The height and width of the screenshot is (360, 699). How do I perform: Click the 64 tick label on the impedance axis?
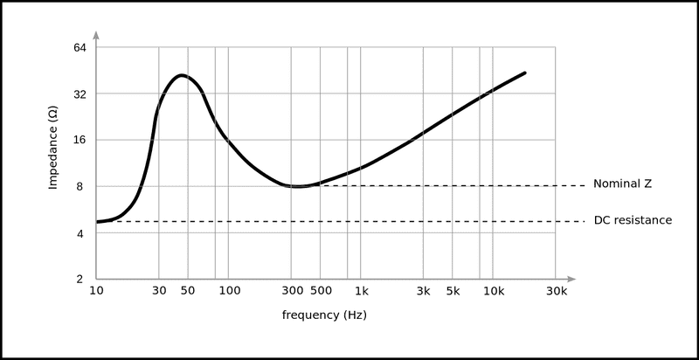79,47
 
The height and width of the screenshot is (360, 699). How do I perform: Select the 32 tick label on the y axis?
79,93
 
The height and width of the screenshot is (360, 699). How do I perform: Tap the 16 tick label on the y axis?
79,140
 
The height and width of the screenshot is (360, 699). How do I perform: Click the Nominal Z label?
623,184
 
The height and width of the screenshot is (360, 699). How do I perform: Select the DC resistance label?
633,220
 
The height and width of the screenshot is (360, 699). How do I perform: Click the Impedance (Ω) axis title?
53,149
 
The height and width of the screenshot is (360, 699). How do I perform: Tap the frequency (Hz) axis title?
324,315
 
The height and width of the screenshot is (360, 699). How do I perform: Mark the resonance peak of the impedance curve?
181,75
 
